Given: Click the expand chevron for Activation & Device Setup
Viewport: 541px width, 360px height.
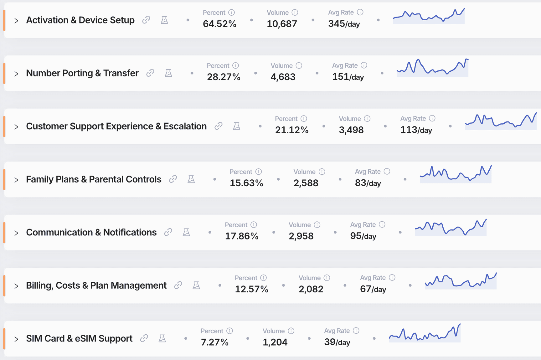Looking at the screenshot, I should [16, 21].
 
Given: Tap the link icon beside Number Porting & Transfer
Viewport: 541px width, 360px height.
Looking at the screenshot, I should [150, 73].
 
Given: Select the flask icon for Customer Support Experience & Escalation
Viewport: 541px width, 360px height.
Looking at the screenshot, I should [237, 126].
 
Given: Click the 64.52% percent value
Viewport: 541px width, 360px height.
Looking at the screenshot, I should [219, 24].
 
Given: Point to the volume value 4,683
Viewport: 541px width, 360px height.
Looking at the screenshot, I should [283, 77].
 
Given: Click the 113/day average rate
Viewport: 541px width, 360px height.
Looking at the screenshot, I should [416, 130].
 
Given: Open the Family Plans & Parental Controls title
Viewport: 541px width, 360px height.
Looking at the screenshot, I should [94, 179].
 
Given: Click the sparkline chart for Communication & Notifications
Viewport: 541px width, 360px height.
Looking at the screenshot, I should [451, 228].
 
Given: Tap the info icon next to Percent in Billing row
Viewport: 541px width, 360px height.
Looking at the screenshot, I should [264, 278].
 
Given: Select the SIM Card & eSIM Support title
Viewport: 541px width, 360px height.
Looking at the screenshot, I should [79, 338].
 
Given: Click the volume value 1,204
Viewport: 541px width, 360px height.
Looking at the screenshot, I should [275, 342].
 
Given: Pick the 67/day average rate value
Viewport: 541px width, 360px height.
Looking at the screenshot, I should [373, 289].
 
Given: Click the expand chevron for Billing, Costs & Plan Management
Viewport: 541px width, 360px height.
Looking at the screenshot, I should [16, 286].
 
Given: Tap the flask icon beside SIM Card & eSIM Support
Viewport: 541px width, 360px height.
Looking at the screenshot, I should [162, 338].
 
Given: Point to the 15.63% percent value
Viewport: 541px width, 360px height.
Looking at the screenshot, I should [246, 183].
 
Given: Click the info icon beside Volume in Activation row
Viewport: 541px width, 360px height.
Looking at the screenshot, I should [295, 13].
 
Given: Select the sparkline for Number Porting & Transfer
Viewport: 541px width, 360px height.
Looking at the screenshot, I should [432, 68].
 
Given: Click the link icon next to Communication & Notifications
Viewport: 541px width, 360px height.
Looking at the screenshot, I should [168, 232].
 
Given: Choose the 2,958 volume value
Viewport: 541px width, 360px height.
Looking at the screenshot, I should [301, 236].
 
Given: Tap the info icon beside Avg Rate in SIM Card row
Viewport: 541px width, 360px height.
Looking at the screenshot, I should [356, 331].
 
